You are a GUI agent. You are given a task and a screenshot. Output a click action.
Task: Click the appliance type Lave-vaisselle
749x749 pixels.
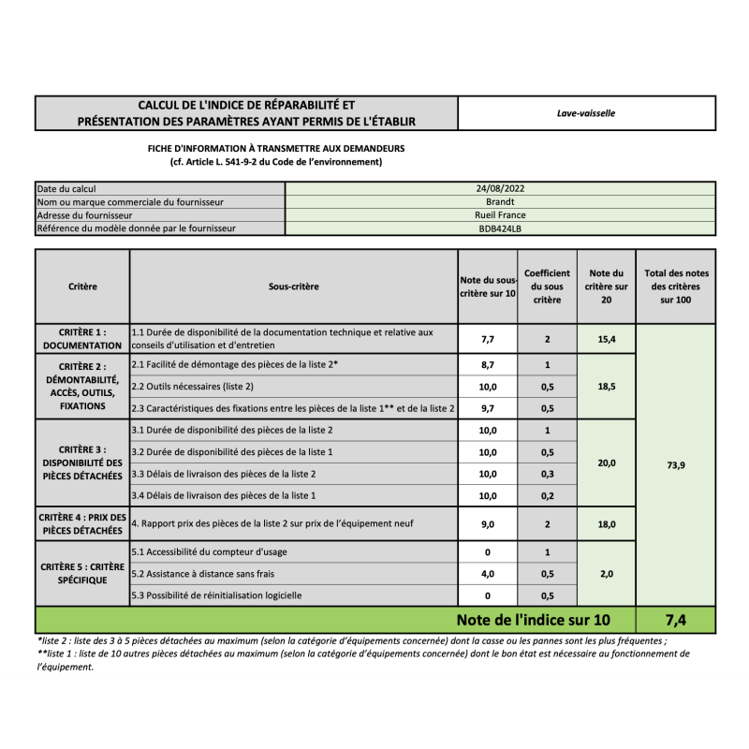click(585, 113)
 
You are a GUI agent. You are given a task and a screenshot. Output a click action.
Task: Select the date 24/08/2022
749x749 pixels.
click(500, 188)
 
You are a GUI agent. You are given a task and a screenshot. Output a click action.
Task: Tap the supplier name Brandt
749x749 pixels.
click(500, 201)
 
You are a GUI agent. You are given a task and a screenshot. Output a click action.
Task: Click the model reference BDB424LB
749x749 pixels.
click(500, 228)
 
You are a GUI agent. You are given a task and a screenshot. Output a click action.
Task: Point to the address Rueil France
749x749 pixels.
click(500, 214)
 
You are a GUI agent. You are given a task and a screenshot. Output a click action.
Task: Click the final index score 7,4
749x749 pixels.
click(676, 620)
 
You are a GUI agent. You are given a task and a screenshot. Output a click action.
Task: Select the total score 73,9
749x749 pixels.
click(676, 465)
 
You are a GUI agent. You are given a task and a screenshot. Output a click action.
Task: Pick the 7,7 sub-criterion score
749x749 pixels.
click(487, 339)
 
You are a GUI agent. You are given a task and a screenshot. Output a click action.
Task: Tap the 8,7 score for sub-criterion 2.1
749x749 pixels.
click(487, 364)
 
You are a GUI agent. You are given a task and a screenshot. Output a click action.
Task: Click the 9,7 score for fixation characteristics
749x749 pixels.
click(487, 408)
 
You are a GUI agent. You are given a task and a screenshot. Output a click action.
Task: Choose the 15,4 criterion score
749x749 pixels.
click(607, 339)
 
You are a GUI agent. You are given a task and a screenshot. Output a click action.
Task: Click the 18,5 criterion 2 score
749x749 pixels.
click(607, 386)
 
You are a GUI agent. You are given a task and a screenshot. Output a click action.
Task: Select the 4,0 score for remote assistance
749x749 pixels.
click(487, 573)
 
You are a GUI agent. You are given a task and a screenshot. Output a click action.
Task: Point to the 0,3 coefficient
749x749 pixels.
click(547, 474)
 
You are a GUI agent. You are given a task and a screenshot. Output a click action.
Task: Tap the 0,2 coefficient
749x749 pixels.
click(547, 495)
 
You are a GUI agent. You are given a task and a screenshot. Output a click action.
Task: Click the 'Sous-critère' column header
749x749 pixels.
click(293, 286)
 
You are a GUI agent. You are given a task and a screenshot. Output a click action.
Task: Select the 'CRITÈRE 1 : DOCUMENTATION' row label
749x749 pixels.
click(82, 339)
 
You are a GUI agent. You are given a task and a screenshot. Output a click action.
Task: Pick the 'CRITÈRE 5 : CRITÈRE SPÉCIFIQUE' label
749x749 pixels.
click(82, 573)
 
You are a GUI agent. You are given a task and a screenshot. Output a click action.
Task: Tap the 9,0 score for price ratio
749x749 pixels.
click(487, 524)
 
